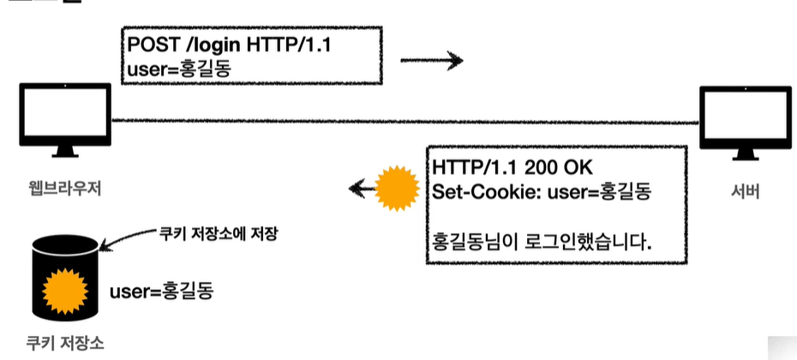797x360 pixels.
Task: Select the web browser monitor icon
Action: click(65, 118)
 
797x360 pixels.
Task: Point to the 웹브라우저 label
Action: click(64, 189)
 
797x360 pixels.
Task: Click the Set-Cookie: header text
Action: click(487, 190)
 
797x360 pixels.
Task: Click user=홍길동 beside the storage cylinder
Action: click(161, 291)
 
